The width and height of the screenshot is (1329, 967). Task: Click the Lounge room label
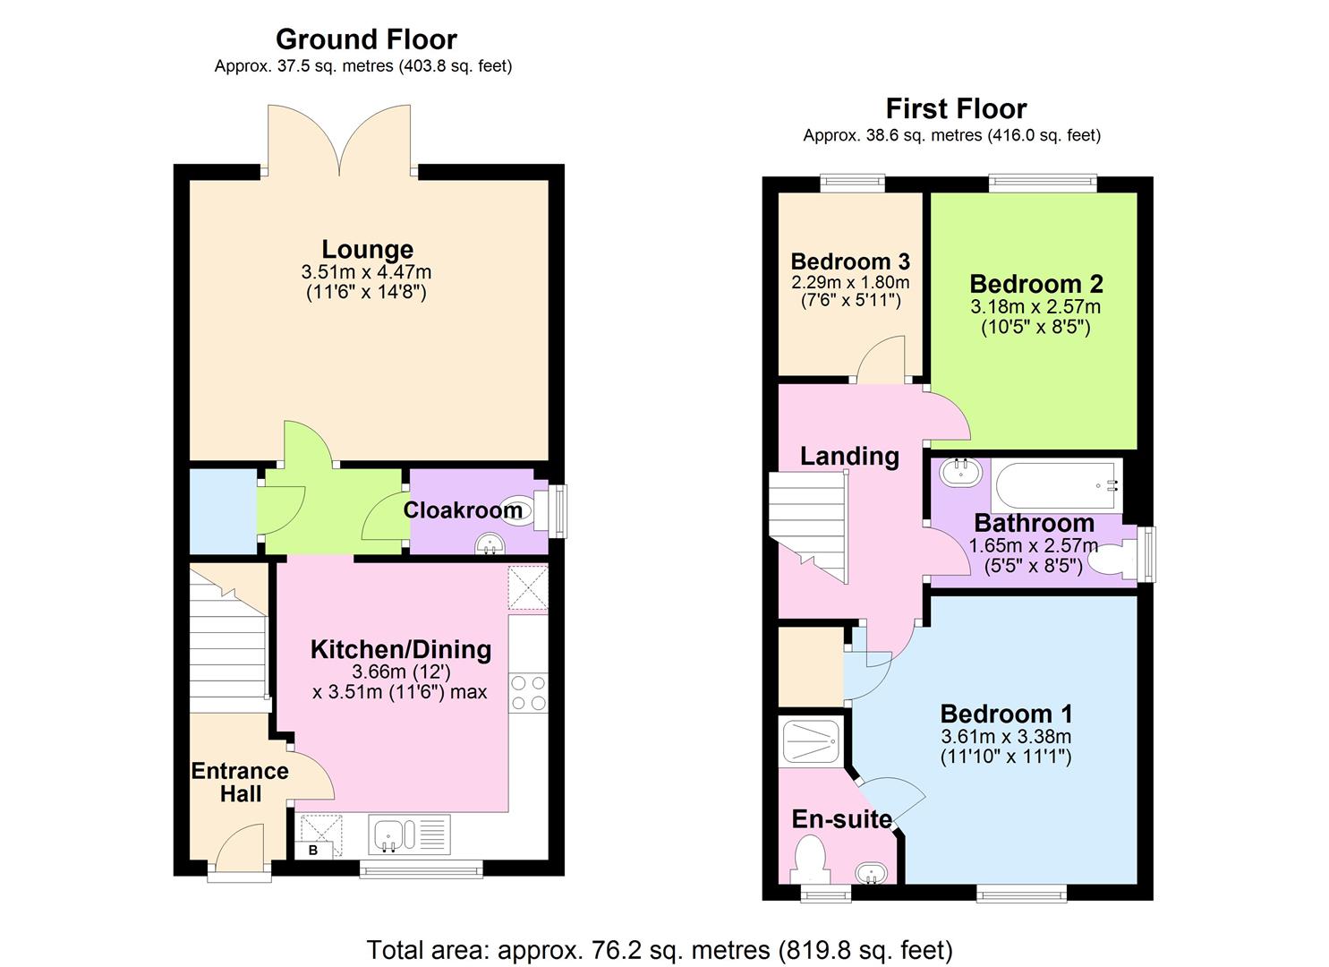coord(367,250)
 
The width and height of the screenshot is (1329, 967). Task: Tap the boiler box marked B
coord(313,850)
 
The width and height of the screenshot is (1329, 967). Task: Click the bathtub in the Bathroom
coord(1057,485)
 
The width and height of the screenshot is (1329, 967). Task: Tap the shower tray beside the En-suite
coord(811,740)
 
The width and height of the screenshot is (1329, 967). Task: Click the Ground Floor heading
coord(366,39)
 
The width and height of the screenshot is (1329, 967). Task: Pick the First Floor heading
coord(956,109)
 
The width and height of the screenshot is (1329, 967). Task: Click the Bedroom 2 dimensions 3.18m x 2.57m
coord(1035,307)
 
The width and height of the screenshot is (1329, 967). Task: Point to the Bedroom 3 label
coord(850,261)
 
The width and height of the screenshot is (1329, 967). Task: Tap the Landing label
coord(849,457)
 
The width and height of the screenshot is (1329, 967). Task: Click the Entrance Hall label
coord(240,782)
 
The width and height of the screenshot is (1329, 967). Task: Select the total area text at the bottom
coord(660,949)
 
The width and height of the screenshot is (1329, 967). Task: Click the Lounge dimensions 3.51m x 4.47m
coord(367,272)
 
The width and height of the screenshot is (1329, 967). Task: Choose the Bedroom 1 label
coord(1006,714)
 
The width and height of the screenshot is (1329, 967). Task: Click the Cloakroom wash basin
coord(489,543)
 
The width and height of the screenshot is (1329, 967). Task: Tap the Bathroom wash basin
coord(960,472)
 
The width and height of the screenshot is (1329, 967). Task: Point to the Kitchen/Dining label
coord(400,650)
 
